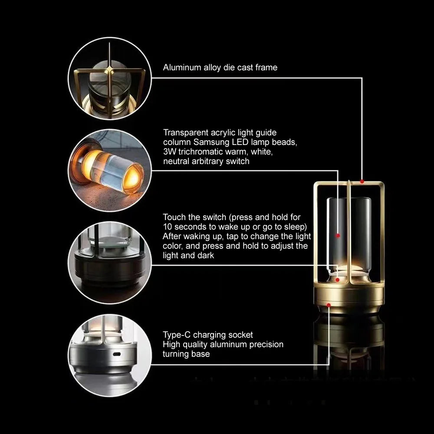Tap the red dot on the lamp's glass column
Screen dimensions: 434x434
click(338, 235)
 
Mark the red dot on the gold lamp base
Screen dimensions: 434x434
click(329, 306)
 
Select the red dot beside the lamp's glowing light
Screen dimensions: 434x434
click(337, 279)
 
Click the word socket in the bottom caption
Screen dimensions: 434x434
click(241, 335)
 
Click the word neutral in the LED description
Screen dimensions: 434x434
click(176, 161)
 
